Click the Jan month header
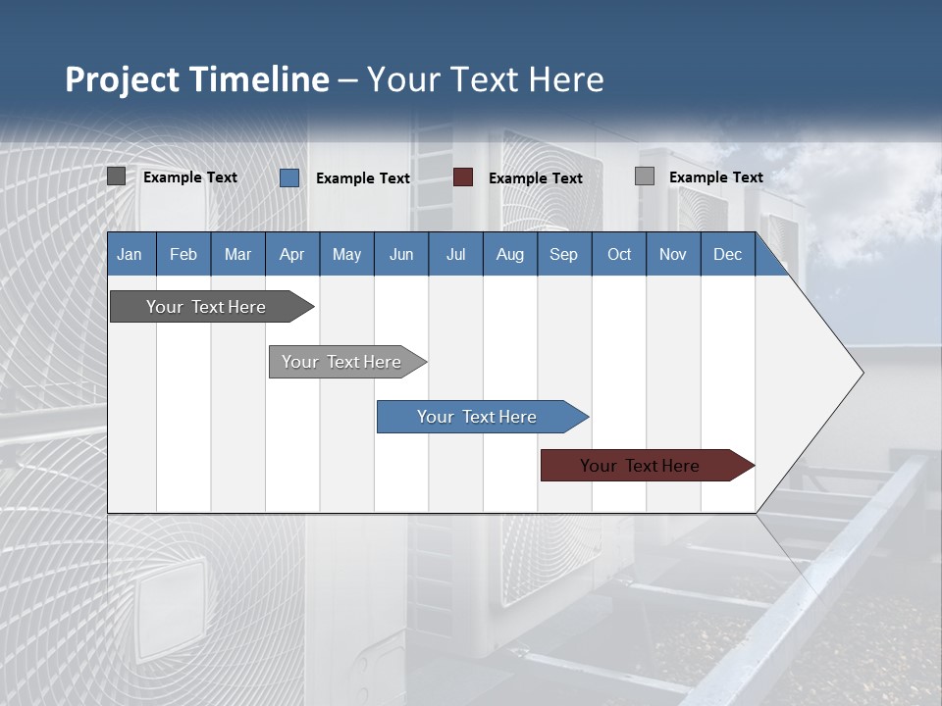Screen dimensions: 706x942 tap(130, 254)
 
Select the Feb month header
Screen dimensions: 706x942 tap(183, 254)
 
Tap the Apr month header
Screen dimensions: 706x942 tap(291, 254)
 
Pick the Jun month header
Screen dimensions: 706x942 tap(401, 254)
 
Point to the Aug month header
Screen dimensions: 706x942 tap(509, 254)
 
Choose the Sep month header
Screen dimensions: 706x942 tap(563, 254)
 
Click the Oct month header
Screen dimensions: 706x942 tap(619, 254)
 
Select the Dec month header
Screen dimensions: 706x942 tap(727, 254)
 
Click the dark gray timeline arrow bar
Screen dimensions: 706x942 tap(206, 307)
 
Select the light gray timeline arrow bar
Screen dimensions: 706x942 tap(341, 362)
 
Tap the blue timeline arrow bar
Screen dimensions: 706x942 tap(477, 417)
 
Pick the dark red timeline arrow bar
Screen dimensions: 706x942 tap(640, 466)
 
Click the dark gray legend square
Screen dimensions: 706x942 tap(116, 176)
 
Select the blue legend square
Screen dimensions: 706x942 tap(288, 177)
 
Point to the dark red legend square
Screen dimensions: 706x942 tap(463, 177)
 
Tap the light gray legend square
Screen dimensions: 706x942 tap(645, 176)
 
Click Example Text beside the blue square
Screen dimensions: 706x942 tap(362, 178)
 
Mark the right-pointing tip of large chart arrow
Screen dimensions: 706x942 tap(862, 373)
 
